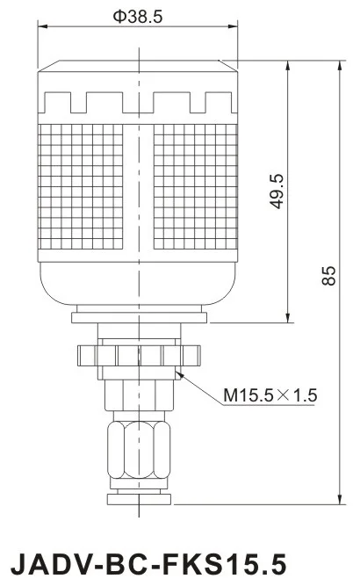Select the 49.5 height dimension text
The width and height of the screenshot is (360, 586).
pos(277,191)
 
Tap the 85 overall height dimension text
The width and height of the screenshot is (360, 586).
pos(328,276)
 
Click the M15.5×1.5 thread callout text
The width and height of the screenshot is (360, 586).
pos(270,395)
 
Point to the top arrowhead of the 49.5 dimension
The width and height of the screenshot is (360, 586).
pos(289,64)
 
